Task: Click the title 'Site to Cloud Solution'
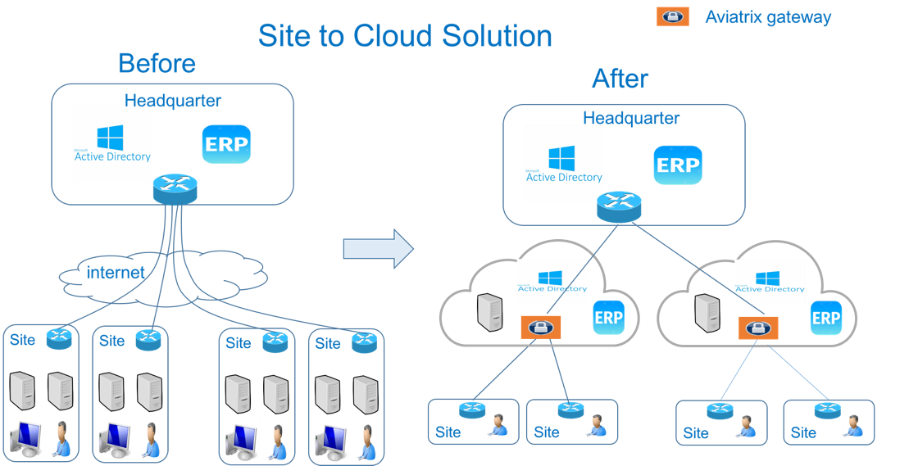(x=405, y=35)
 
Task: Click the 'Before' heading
(x=157, y=63)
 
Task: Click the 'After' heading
(x=620, y=79)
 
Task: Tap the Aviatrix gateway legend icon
(x=673, y=16)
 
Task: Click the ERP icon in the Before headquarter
(x=226, y=145)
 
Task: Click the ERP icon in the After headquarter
(x=678, y=165)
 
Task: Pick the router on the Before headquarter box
(x=175, y=189)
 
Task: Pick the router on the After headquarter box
(x=619, y=206)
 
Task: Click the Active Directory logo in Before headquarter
(x=112, y=143)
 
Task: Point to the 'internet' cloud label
(x=116, y=273)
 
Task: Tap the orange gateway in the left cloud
(x=540, y=327)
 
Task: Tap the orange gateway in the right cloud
(x=758, y=328)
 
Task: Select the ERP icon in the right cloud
(x=825, y=318)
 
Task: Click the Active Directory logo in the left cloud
(x=552, y=281)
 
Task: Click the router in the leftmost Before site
(x=59, y=339)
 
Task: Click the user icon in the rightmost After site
(x=852, y=425)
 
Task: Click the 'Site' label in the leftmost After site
(x=448, y=432)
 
